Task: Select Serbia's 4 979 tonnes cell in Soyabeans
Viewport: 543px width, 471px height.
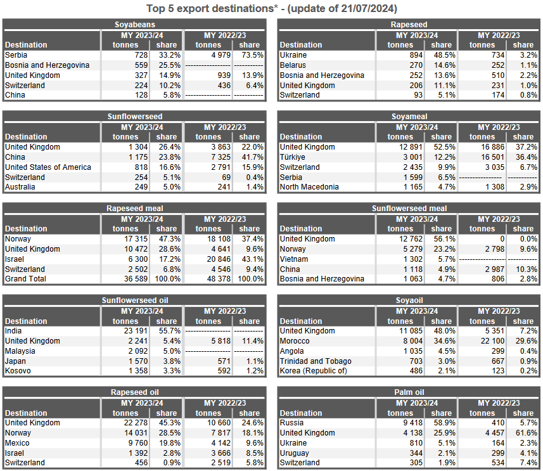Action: click(209, 55)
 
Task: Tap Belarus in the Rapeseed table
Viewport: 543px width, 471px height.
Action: click(293, 65)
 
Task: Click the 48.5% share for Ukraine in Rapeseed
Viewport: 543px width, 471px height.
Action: click(441, 55)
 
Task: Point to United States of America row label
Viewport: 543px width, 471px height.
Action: click(48, 167)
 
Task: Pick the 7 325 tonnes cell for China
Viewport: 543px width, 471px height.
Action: click(209, 157)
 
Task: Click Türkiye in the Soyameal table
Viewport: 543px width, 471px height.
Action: click(293, 157)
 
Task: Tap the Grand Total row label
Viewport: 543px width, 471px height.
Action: click(25, 279)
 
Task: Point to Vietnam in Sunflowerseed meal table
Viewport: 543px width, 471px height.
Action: click(294, 259)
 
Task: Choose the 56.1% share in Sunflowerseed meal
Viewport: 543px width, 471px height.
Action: click(441, 239)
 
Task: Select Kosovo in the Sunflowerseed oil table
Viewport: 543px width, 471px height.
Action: click(18, 371)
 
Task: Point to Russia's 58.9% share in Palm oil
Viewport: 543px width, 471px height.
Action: click(441, 423)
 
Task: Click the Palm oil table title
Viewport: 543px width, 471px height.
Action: click(409, 392)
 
